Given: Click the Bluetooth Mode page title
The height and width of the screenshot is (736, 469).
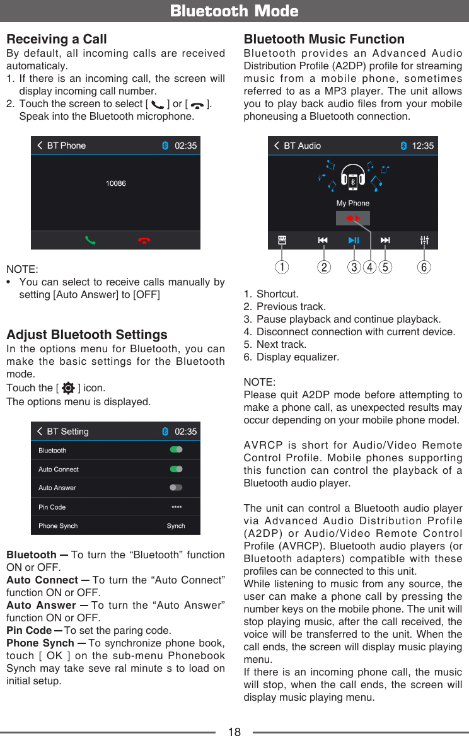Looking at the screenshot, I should click(234, 11).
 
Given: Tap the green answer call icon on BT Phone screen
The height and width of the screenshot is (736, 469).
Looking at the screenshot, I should click(91, 240).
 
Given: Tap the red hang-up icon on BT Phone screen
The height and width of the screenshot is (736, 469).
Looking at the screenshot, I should click(144, 240).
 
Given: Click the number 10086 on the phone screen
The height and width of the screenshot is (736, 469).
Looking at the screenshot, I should click(116, 183).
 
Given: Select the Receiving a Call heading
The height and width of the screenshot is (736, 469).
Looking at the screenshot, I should click(57, 39).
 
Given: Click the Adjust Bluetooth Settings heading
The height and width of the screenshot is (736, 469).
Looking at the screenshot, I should click(87, 335).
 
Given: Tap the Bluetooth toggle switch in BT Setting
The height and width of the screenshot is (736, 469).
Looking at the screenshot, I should click(176, 450).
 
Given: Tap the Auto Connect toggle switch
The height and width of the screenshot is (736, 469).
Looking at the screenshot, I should click(176, 469).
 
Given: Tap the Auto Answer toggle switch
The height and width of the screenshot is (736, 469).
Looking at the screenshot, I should click(176, 488).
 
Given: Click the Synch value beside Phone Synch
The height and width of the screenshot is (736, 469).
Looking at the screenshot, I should click(176, 526).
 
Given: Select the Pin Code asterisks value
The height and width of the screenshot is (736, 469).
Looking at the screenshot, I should click(177, 507).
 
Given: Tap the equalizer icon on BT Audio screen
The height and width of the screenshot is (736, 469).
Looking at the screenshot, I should click(424, 240).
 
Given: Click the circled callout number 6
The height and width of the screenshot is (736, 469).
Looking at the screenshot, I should click(424, 267).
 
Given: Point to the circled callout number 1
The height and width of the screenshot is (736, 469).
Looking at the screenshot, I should click(282, 267).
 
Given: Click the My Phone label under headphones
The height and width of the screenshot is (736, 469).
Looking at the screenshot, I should click(353, 204).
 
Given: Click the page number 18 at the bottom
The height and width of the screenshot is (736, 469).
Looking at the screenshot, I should click(234, 731).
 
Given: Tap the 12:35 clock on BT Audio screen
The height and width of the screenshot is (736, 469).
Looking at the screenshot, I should click(422, 146).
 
